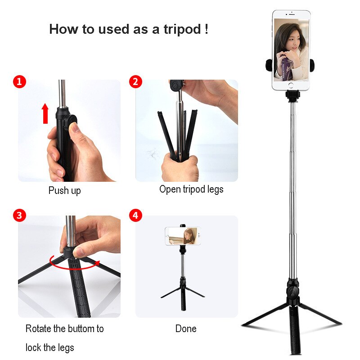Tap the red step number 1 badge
(19, 81)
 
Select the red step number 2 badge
(135, 81)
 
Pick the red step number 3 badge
(19, 216)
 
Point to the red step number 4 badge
(135, 216)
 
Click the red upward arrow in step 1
(45, 112)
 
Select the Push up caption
(64, 191)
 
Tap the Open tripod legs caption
(191, 189)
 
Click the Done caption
(186, 329)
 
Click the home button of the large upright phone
(291, 85)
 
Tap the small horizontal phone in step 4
(183, 235)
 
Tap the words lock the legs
(49, 347)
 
